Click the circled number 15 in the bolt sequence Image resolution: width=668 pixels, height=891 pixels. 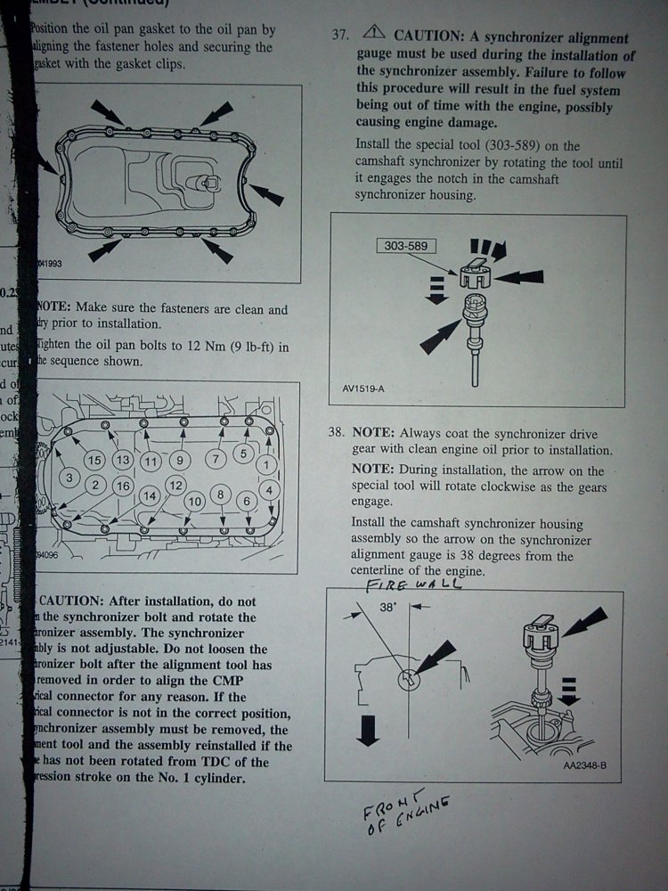click(x=94, y=461)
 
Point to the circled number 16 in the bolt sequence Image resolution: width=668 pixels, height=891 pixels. click(x=123, y=486)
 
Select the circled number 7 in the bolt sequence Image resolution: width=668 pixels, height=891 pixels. click(x=214, y=459)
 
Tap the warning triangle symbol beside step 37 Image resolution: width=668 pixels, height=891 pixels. click(x=374, y=34)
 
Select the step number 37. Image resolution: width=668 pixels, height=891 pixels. click(x=339, y=36)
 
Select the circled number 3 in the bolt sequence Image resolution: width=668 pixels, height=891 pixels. click(x=69, y=478)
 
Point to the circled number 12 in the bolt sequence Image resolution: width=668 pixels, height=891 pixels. click(x=175, y=486)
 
